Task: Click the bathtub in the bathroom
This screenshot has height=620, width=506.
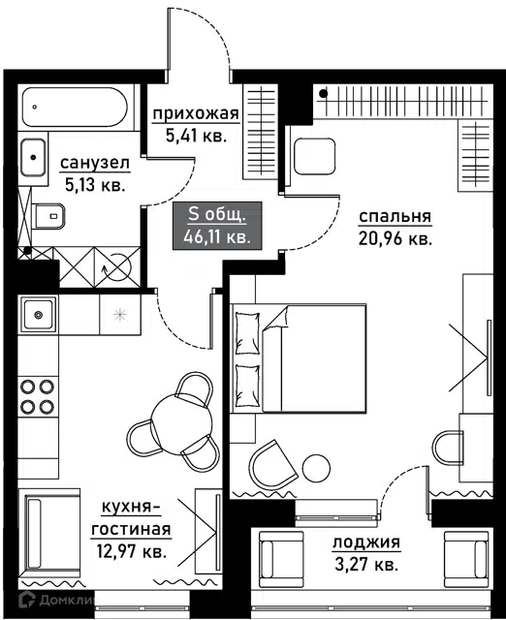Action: tap(76, 108)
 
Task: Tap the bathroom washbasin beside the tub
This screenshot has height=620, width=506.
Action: tap(33, 157)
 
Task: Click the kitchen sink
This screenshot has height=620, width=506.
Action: tap(38, 315)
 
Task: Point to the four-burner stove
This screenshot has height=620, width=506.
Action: tap(38, 396)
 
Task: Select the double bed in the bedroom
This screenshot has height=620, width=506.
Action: tap(299, 358)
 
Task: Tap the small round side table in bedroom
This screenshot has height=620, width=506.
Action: tap(316, 468)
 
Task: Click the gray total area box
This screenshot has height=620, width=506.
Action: tap(217, 226)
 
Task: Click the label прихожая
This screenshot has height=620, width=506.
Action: tap(196, 114)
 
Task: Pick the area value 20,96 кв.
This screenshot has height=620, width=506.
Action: tap(395, 238)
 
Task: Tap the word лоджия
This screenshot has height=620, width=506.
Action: tap(366, 542)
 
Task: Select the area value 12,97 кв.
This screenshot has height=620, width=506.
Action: tap(131, 551)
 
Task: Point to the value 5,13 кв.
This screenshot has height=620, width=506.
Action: tap(95, 185)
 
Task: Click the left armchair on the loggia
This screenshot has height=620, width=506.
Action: tap(281, 559)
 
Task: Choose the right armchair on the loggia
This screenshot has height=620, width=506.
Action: tap(466, 559)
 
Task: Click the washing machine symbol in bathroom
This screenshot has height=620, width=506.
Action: tap(117, 267)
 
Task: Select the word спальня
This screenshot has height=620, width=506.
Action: tap(395, 217)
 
